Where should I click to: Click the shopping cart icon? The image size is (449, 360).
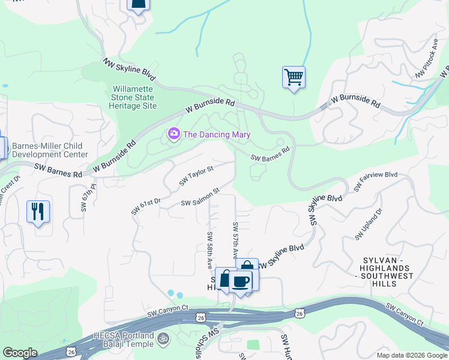(x=294, y=77)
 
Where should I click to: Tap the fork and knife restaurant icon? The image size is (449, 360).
(x=38, y=211)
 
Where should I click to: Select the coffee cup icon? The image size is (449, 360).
(x=241, y=281)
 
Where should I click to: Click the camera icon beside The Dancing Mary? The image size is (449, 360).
(x=174, y=133)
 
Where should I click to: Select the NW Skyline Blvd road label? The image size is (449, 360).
(x=128, y=69)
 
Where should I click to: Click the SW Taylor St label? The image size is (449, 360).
(x=196, y=176)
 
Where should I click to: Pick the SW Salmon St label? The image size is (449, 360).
(x=200, y=199)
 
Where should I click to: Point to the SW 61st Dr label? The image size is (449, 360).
(x=146, y=207)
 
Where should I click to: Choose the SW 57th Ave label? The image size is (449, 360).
(x=236, y=240)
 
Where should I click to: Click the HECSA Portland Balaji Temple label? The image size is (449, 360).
(x=124, y=340)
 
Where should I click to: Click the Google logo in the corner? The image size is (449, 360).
(x=20, y=353)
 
